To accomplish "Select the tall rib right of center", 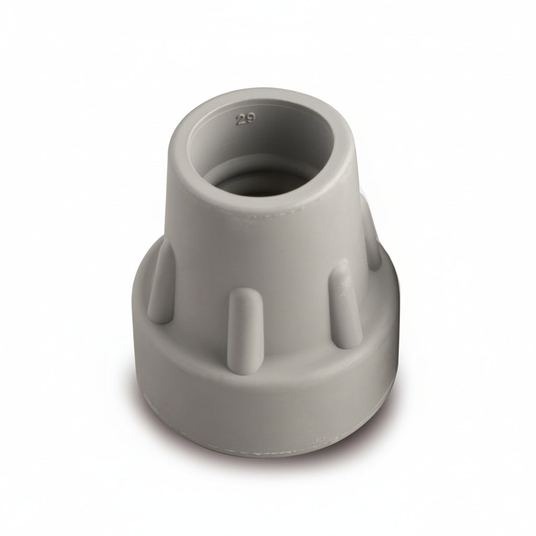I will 345,304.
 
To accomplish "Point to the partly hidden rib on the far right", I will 373,236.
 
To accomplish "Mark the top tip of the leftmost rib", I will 165,249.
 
